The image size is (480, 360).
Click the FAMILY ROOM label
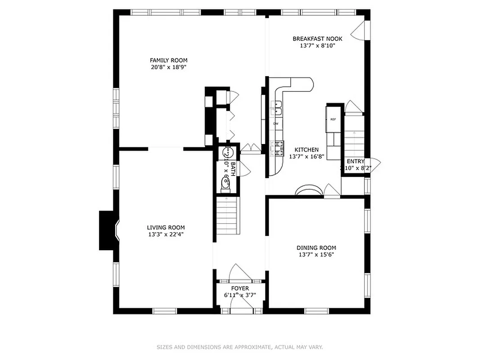(169, 60)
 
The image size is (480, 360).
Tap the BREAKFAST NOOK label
(317, 39)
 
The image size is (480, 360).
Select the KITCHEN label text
(306, 150)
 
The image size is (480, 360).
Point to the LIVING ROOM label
(166, 228)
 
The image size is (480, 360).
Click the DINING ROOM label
(316, 248)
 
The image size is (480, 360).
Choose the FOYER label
(240, 288)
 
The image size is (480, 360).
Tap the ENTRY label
(355, 162)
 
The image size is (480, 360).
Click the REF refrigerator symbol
(333, 119)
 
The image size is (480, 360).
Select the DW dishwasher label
(276, 123)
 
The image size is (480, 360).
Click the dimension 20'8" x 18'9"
(169, 67)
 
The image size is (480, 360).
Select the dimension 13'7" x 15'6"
(316, 255)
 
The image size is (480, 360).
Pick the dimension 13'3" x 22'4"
(166, 234)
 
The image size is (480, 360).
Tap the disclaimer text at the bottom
(240, 347)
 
